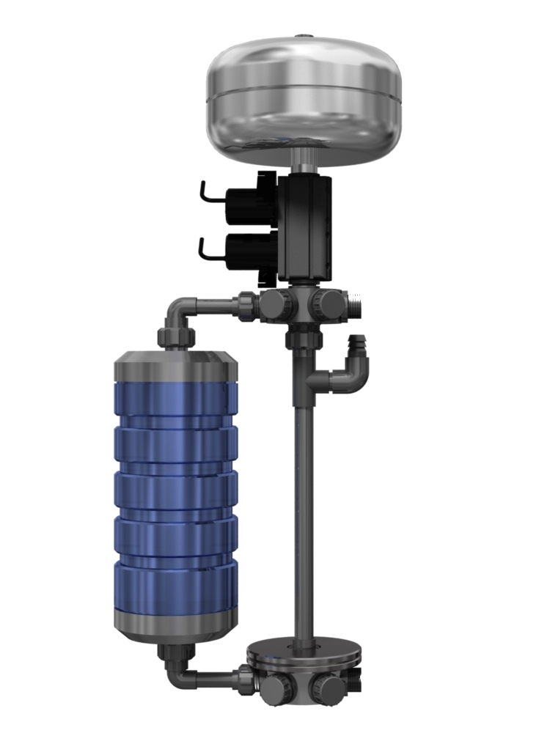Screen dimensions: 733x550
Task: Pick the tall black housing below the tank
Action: click(307, 227)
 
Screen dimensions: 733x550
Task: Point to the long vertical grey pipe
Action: click(301, 513)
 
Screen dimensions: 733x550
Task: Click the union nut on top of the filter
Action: click(176, 338)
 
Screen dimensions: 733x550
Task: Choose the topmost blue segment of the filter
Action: click(176, 399)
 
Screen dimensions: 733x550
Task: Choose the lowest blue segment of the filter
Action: click(176, 586)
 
